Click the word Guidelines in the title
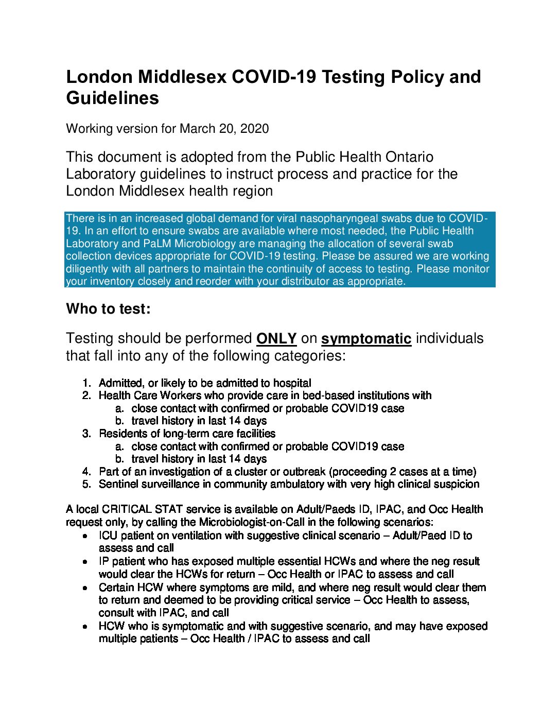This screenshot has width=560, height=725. [x=112, y=98]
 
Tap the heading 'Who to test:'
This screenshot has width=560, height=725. [x=109, y=309]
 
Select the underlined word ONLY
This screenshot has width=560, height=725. [x=276, y=338]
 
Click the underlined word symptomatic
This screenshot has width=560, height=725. [x=366, y=338]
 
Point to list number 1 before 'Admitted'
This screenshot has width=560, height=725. [x=86, y=383]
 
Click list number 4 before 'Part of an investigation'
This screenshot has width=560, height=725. [x=86, y=472]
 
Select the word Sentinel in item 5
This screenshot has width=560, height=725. [x=118, y=484]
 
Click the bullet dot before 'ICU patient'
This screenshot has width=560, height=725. [x=85, y=536]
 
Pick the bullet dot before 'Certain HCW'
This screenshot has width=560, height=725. [x=85, y=588]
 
